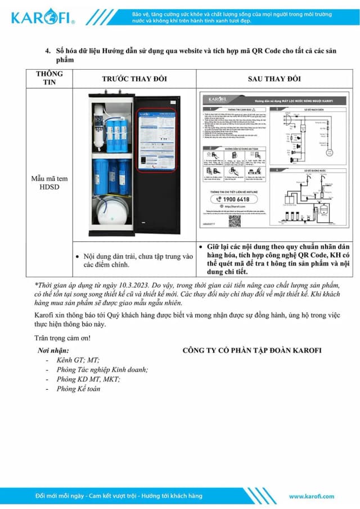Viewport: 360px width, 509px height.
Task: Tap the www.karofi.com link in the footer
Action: (x=311, y=496)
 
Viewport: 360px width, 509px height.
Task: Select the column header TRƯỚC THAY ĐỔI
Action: (x=134, y=79)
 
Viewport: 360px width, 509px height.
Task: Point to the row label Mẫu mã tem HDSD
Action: (x=49, y=183)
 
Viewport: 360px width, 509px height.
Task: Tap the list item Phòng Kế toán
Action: (x=79, y=389)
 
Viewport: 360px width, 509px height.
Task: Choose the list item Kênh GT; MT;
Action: (x=78, y=360)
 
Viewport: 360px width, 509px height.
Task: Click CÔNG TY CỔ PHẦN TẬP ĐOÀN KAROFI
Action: (x=252, y=350)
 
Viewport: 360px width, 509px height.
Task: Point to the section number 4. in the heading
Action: (x=48, y=51)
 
